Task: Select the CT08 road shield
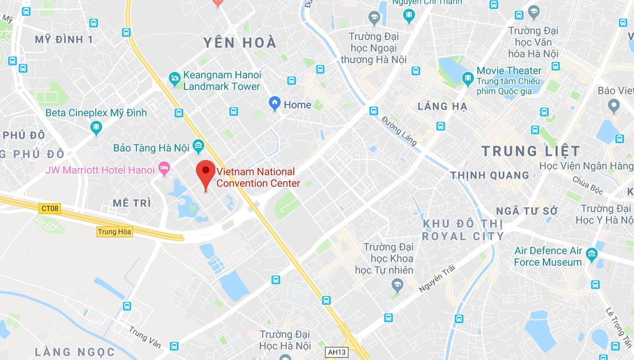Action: click(x=51, y=209)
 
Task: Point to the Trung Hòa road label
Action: click(x=114, y=232)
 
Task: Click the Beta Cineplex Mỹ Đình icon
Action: click(x=96, y=127)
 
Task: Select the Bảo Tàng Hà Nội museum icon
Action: click(x=198, y=145)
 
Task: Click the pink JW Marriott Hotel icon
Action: click(x=164, y=169)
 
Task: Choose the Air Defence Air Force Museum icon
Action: click(x=591, y=256)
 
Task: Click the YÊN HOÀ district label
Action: click(x=240, y=43)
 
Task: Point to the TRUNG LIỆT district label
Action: click(x=530, y=151)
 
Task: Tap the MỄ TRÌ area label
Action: click(x=132, y=203)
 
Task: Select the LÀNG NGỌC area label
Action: click(x=75, y=351)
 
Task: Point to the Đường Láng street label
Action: click(x=400, y=131)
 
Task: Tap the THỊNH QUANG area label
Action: click(x=490, y=175)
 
